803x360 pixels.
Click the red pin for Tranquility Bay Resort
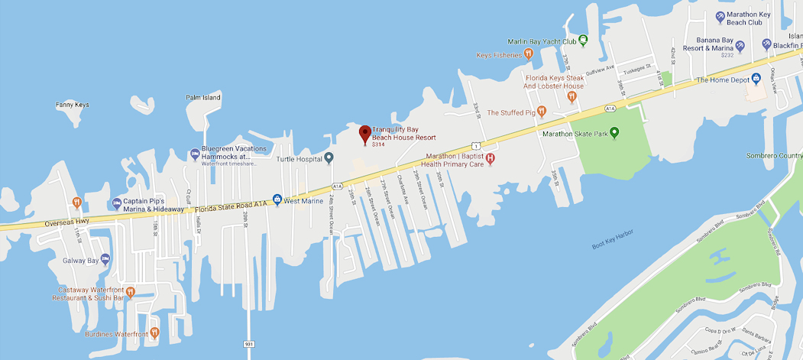(x=365, y=134)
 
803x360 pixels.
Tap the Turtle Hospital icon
(x=329, y=158)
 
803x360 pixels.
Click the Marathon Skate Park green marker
(x=614, y=133)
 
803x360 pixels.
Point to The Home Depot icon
(x=756, y=79)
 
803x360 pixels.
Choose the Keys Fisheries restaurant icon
(x=528, y=54)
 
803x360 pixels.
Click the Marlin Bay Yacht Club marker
(x=582, y=41)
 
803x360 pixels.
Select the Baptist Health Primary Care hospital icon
(x=491, y=158)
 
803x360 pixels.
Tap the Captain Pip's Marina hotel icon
(x=117, y=203)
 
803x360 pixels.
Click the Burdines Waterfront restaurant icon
(x=154, y=332)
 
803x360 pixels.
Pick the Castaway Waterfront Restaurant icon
(x=131, y=291)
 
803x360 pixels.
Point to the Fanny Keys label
(x=73, y=105)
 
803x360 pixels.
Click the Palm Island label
(x=203, y=97)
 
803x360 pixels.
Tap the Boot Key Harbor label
(x=613, y=246)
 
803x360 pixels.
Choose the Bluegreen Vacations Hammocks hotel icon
(x=194, y=153)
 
